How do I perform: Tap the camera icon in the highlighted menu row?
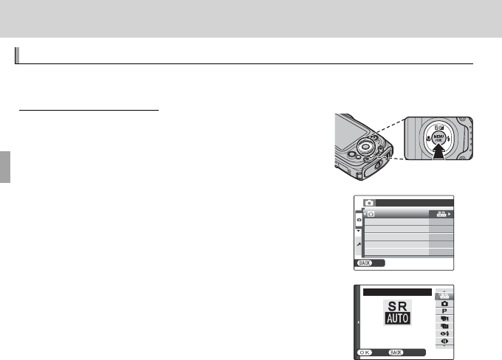point(371,214)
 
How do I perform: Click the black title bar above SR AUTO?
point(396,291)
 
